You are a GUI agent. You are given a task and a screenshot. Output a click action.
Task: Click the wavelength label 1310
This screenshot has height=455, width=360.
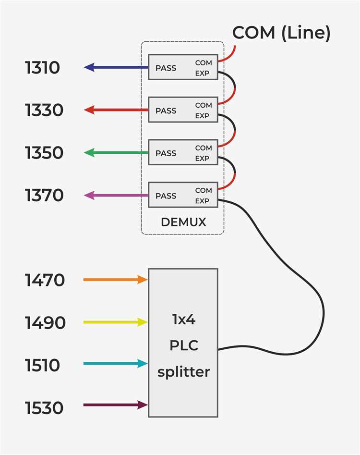point(42,68)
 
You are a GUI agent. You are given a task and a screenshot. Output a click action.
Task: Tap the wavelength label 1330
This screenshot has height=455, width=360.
point(44,110)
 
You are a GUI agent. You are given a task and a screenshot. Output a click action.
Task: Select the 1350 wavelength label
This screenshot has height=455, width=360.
point(44,153)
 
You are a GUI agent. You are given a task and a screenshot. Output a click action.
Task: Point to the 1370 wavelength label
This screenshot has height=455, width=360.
point(44,195)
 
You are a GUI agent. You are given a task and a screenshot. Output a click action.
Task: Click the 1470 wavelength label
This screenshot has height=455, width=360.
point(45,280)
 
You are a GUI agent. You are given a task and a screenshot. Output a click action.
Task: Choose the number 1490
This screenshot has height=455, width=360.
point(45,323)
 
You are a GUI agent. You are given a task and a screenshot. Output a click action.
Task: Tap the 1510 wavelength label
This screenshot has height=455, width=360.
point(42,365)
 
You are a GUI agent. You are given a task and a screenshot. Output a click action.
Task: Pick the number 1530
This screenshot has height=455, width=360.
point(44,408)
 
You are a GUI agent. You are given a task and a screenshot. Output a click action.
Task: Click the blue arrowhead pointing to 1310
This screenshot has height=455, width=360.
point(89,67)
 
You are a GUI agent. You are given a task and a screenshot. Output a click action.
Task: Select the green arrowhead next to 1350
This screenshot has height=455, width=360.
point(89,153)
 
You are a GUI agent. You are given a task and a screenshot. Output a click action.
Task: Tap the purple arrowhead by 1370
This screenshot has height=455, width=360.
point(89,195)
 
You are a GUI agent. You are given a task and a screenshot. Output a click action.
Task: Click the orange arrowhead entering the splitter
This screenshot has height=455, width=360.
point(142,280)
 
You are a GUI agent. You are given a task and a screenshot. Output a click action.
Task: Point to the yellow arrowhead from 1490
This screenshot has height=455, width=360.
point(142,322)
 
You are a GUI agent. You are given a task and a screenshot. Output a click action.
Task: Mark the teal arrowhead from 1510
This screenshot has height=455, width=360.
point(142,363)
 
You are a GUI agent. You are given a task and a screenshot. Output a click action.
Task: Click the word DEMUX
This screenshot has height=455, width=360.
point(183,222)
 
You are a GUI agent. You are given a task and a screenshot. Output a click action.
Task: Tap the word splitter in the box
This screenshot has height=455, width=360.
point(183,372)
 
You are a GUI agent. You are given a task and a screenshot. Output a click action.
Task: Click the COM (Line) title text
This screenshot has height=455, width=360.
point(281,33)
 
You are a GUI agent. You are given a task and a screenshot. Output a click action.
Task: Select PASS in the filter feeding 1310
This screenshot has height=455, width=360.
point(166,68)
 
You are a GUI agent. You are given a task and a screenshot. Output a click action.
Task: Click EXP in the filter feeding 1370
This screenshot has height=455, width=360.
point(202,201)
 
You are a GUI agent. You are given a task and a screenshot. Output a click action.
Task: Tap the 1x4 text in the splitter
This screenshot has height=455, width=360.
point(184,320)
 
